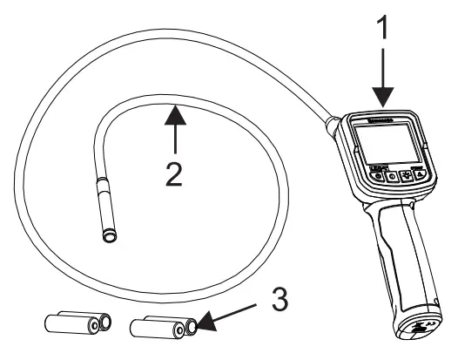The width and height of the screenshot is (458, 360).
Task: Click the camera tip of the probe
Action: point(108,234)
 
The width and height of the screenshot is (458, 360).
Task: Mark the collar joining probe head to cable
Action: point(103,185)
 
